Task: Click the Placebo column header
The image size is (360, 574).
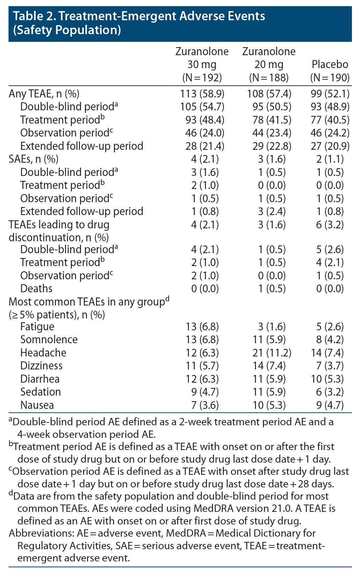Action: point(330,64)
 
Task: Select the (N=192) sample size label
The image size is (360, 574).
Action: point(202,78)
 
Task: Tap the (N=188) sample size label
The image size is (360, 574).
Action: point(269,78)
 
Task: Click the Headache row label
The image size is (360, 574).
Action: point(43,353)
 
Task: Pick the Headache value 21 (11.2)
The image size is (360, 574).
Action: point(272,353)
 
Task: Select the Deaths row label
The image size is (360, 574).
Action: point(36,288)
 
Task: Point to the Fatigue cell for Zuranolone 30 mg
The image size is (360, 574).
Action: point(202,327)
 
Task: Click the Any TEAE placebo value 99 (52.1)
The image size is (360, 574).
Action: point(330,94)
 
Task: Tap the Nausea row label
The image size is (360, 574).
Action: point(37,405)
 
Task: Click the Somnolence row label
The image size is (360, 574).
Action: point(49,339)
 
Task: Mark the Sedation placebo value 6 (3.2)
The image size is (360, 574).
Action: point(330,392)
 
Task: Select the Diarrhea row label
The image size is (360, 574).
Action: point(40,379)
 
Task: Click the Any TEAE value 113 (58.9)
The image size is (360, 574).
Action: point(202,94)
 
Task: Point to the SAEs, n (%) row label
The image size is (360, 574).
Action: point(34,159)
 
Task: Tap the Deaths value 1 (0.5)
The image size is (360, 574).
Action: point(272,288)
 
